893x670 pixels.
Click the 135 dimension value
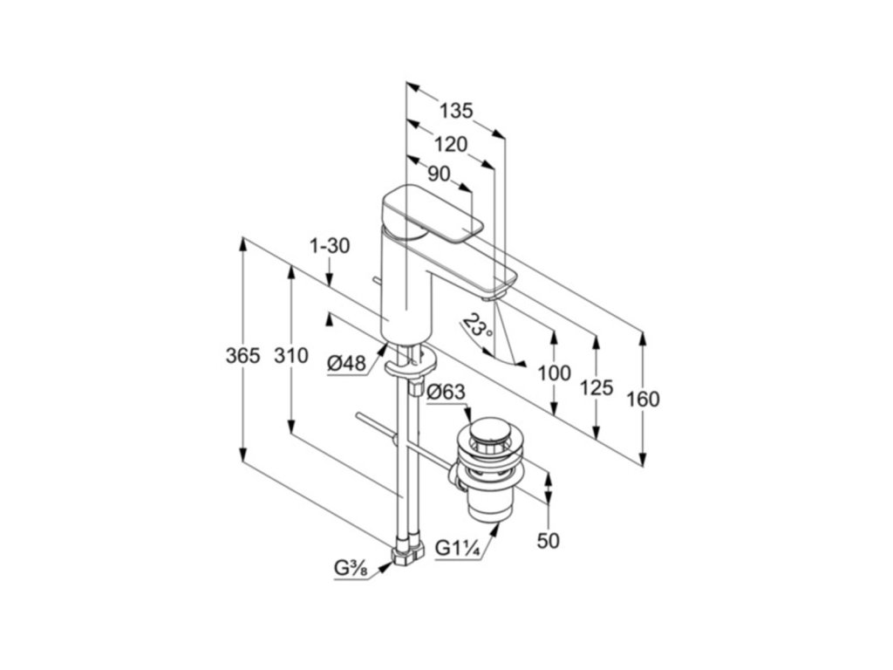pos(455,111)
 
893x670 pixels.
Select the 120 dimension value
pos(450,145)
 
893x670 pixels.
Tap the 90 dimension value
pos(439,174)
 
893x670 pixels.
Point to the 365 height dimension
pos(243,356)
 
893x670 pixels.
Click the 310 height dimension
pos(290,356)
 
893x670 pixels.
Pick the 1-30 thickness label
pos(330,246)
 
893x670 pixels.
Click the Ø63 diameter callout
pos(446,393)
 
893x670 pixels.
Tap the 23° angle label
pos(479,326)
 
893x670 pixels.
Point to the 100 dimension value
pos(554,373)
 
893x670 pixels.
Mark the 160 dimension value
pos(643,400)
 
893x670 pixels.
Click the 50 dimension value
pos(548,541)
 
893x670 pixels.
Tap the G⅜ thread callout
pos(351,569)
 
